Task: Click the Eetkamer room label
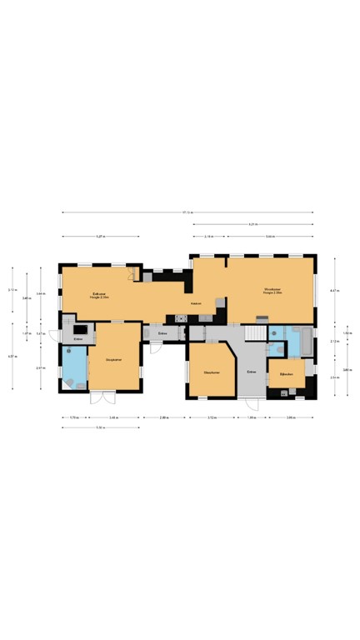[100, 293]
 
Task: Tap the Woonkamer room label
[272, 292]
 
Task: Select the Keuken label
[197, 303]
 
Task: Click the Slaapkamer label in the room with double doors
[115, 359]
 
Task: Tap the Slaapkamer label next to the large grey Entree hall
[211, 372]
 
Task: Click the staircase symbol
[253, 332]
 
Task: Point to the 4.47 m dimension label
[333, 290]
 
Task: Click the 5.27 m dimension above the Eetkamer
[100, 237]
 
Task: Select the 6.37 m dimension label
[12, 357]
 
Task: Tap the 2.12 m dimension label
[333, 341]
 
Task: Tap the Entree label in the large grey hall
[250, 372]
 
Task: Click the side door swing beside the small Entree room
[54, 336]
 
